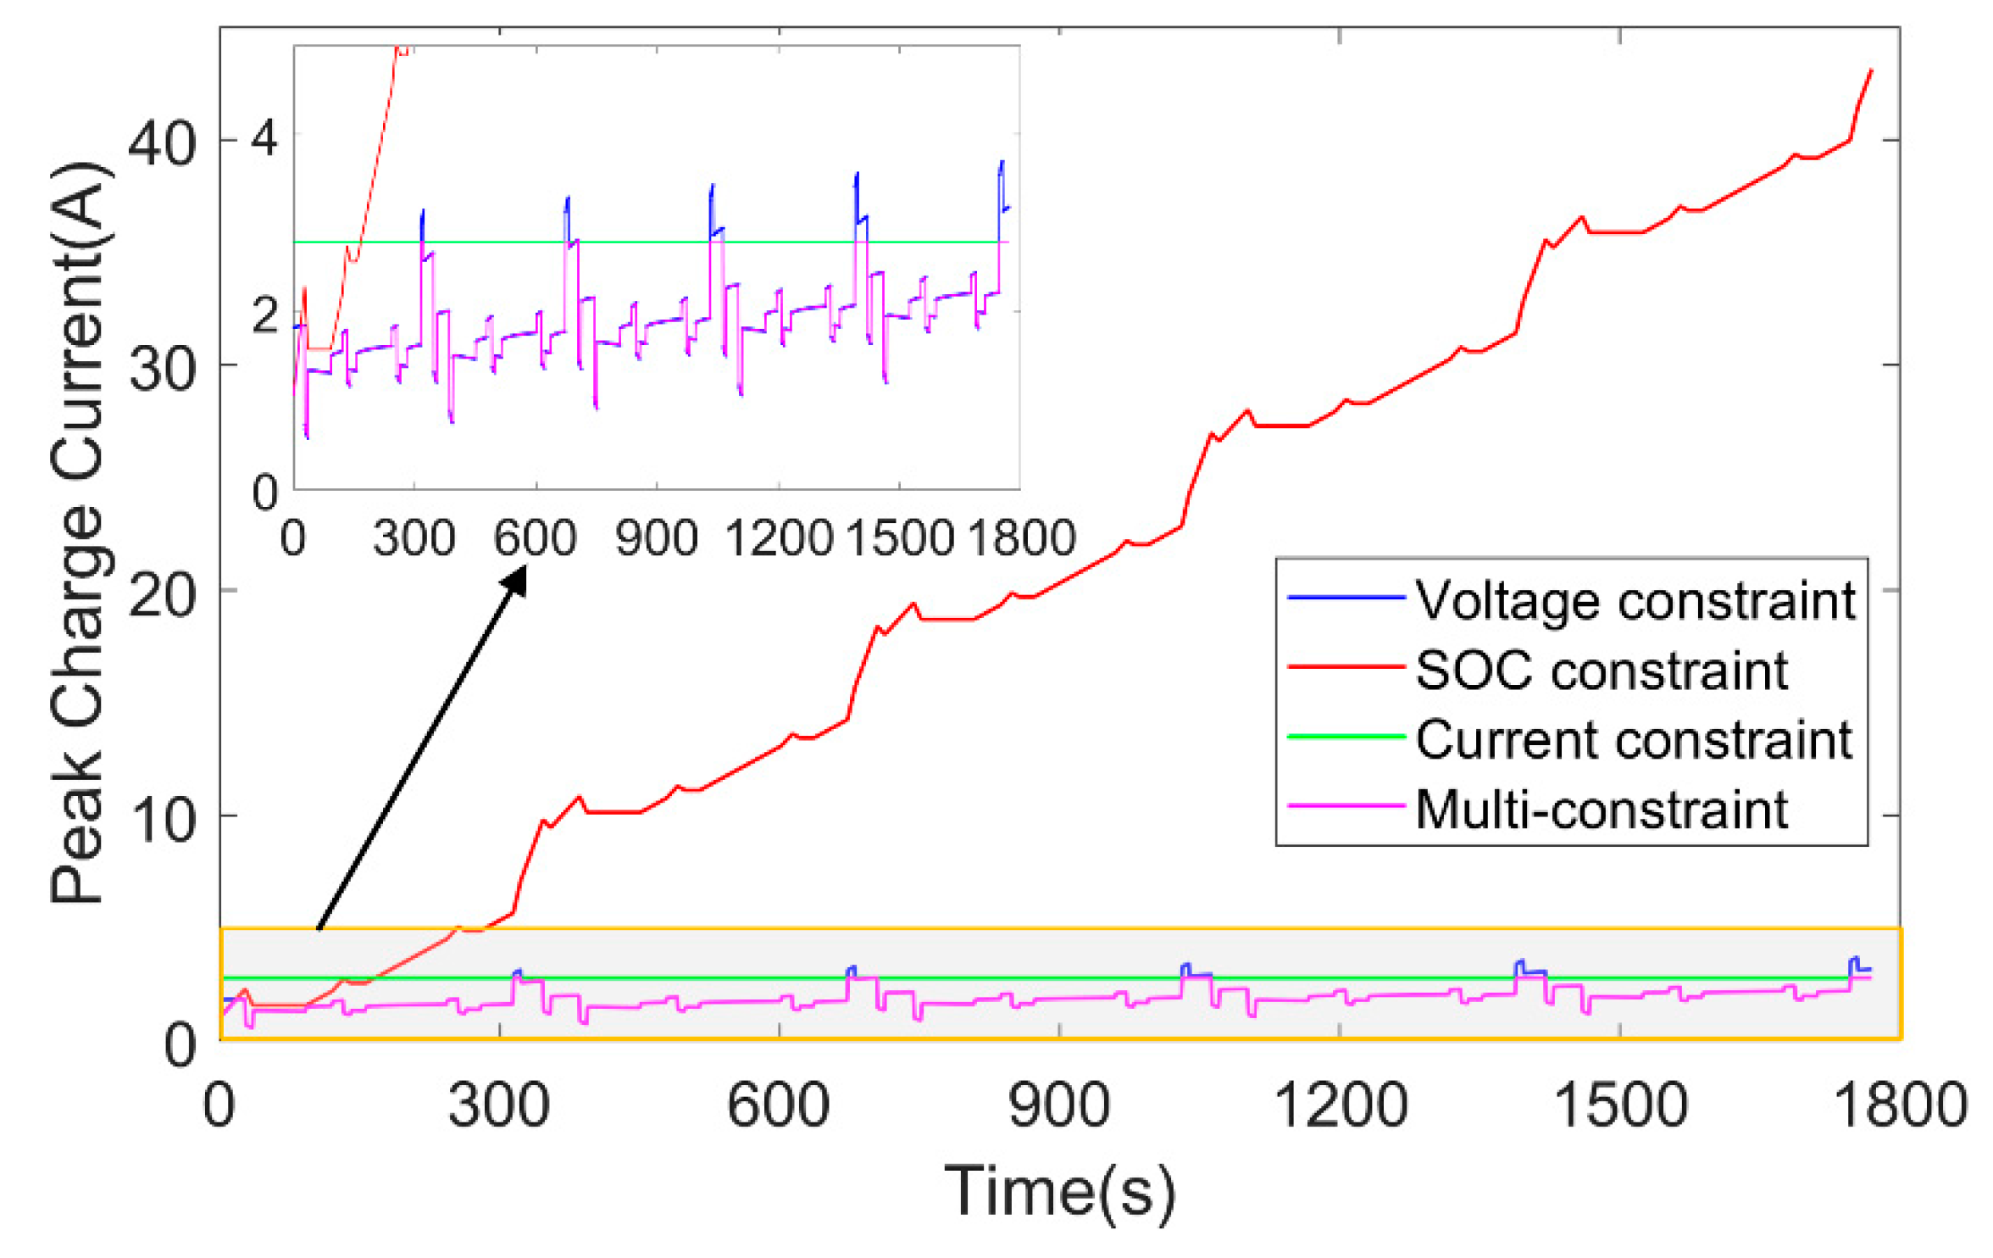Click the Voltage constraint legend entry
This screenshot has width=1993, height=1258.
(1635, 601)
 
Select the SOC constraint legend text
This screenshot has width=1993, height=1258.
(1602, 671)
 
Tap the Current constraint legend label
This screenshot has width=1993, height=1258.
(1634, 739)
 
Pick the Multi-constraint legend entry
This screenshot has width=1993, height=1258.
(1602, 810)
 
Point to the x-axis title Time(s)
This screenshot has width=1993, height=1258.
(1060, 1192)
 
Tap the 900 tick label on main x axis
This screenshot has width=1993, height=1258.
(1059, 1105)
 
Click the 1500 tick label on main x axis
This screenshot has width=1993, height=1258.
(1619, 1105)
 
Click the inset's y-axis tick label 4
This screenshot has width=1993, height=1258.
(264, 137)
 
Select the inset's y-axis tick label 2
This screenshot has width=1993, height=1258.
(264, 314)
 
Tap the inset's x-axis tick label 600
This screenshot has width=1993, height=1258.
(535, 537)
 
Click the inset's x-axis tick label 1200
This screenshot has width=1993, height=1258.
(779, 537)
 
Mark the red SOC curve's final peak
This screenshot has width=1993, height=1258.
(1871, 71)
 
